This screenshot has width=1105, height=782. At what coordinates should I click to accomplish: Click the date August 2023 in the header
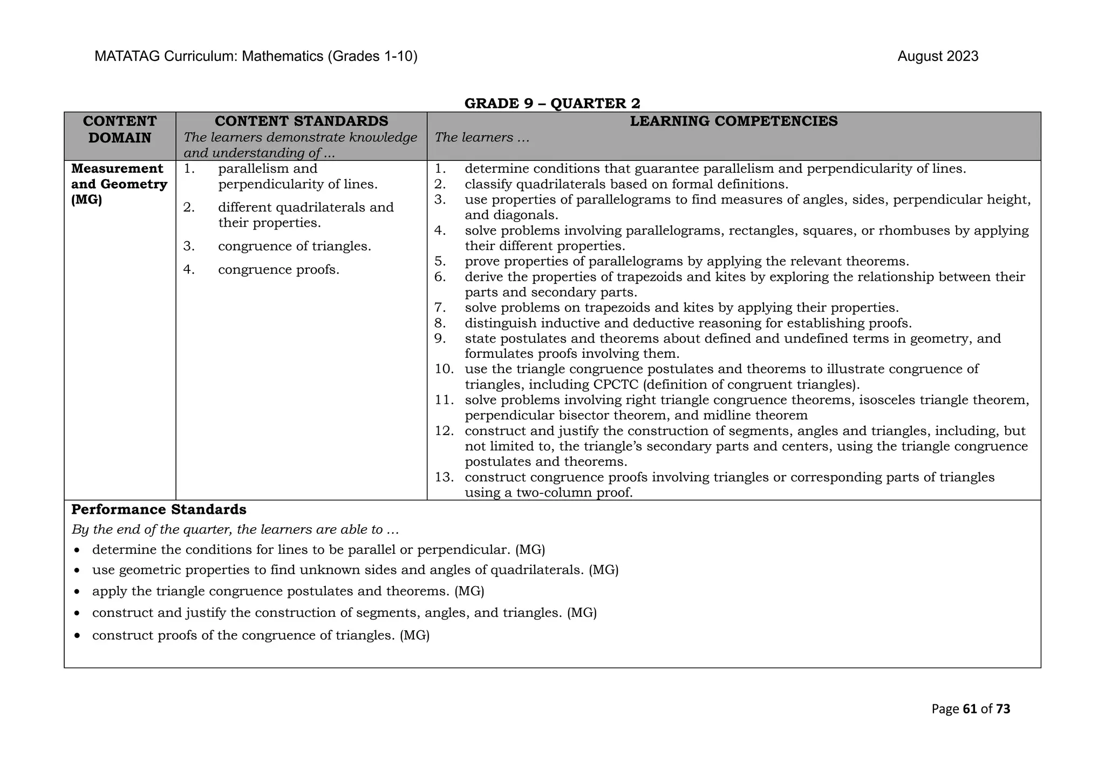coord(937,57)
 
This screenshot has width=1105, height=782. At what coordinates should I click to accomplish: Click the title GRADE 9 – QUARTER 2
coord(552,103)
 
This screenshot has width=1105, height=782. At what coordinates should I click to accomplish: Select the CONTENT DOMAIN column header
coord(120,130)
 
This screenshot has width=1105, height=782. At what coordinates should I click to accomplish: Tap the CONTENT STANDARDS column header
coord(301,121)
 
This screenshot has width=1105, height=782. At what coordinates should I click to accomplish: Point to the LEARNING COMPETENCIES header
coord(733,121)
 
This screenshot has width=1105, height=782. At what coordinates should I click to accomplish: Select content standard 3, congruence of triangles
coord(294,247)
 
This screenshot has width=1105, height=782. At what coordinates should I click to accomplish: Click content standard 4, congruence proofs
coord(278,270)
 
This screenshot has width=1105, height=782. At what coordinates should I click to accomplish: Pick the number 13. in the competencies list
coord(445,478)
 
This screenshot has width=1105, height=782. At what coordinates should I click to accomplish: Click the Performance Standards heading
coord(159,510)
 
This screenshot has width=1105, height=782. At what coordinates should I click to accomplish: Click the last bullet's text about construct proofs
coord(261,636)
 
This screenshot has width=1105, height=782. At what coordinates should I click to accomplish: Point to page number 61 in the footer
coord(970,709)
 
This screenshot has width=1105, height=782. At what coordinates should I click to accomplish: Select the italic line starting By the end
coord(235,530)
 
